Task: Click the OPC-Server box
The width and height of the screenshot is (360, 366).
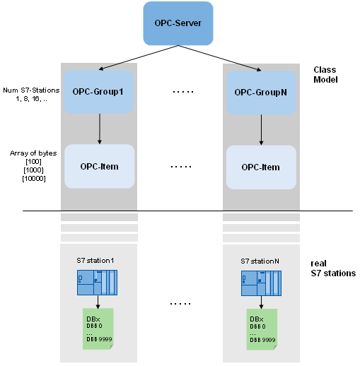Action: pyautogui.click(x=178, y=23)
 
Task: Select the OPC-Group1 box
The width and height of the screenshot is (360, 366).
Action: pyautogui.click(x=98, y=92)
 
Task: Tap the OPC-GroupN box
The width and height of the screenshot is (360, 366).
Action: pyautogui.click(x=261, y=93)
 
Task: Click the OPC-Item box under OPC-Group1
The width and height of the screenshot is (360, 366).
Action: pyautogui.click(x=100, y=166)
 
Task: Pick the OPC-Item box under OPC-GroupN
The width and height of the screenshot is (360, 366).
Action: pyautogui.click(x=261, y=167)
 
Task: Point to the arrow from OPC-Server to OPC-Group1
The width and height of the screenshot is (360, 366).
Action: pyautogui.click(x=139, y=57)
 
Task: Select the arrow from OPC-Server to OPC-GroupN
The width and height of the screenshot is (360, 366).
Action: pyautogui.click(x=220, y=58)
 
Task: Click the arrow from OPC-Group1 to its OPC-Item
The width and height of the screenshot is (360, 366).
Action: pyautogui.click(x=100, y=129)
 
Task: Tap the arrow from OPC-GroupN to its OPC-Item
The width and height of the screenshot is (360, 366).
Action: pyautogui.click(x=261, y=130)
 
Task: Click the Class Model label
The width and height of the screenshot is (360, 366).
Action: pyautogui.click(x=325, y=75)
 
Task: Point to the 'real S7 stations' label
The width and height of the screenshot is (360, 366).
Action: pyautogui.click(x=333, y=268)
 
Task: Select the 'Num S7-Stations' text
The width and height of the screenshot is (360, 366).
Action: pyautogui.click(x=31, y=90)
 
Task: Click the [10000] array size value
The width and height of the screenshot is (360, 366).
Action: pyautogui.click(x=34, y=179)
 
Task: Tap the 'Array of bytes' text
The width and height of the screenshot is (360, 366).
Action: pyautogui.click(x=33, y=153)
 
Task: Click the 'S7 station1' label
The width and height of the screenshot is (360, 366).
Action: pyautogui.click(x=95, y=261)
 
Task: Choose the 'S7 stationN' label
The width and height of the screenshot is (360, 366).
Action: pyautogui.click(x=260, y=261)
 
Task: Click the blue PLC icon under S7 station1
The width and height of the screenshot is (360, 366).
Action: pyautogui.click(x=97, y=283)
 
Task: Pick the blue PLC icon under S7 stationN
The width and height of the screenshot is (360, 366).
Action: pyautogui.click(x=261, y=283)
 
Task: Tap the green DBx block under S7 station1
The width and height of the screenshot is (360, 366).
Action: pyautogui.click(x=98, y=329)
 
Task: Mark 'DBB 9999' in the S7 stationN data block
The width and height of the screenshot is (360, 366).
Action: pyautogui.click(x=262, y=340)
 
